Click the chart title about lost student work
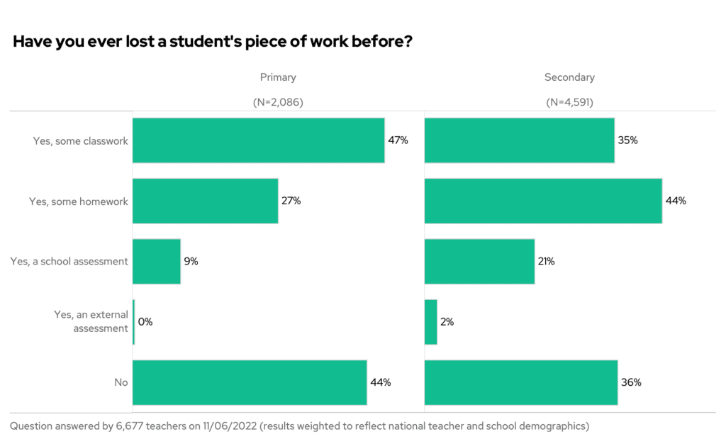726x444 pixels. pos(213,42)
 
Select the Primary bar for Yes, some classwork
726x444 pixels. pos(258,140)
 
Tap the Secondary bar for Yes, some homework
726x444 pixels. pos(543,201)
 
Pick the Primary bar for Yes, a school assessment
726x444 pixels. pos(157,261)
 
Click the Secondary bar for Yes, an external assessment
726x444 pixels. pos(431,322)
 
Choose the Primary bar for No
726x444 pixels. pos(250,382)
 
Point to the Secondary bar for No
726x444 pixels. pos(521,382)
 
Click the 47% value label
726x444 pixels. pos(398,140)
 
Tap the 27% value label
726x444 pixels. pos(291,201)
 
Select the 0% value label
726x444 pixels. pos(145,322)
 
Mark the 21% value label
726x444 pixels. pos(546,262)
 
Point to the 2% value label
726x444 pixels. pos(447,322)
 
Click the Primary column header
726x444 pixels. pos(278,77)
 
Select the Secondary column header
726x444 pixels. pos(569,77)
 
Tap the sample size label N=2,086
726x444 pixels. pos(278,102)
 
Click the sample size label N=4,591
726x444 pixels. pos(569,102)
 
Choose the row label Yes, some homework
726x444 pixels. pos(79,201)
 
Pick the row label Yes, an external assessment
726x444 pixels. pos(91,321)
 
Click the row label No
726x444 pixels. pos(121,382)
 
